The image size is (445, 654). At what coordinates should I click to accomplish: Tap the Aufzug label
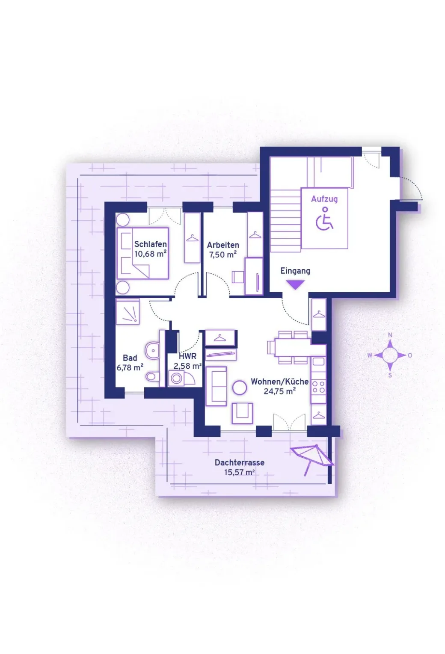click(324, 199)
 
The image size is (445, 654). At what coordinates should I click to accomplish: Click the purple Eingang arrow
click(295, 284)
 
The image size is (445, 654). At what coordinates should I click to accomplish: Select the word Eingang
click(295, 271)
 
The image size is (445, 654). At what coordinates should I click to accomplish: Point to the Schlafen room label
click(150, 244)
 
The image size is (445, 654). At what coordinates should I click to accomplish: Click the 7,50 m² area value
click(222, 254)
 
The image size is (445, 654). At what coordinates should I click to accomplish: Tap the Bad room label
click(130, 358)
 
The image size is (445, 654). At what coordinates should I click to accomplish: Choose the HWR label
click(187, 356)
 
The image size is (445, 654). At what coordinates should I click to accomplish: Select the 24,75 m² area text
click(279, 391)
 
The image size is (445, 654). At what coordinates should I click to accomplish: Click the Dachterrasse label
click(239, 462)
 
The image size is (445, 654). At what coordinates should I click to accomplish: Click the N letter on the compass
click(390, 335)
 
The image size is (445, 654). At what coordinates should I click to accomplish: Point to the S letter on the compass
click(390, 375)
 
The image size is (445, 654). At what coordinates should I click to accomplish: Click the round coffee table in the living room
click(240, 388)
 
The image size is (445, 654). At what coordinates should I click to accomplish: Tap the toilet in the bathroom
click(151, 377)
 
